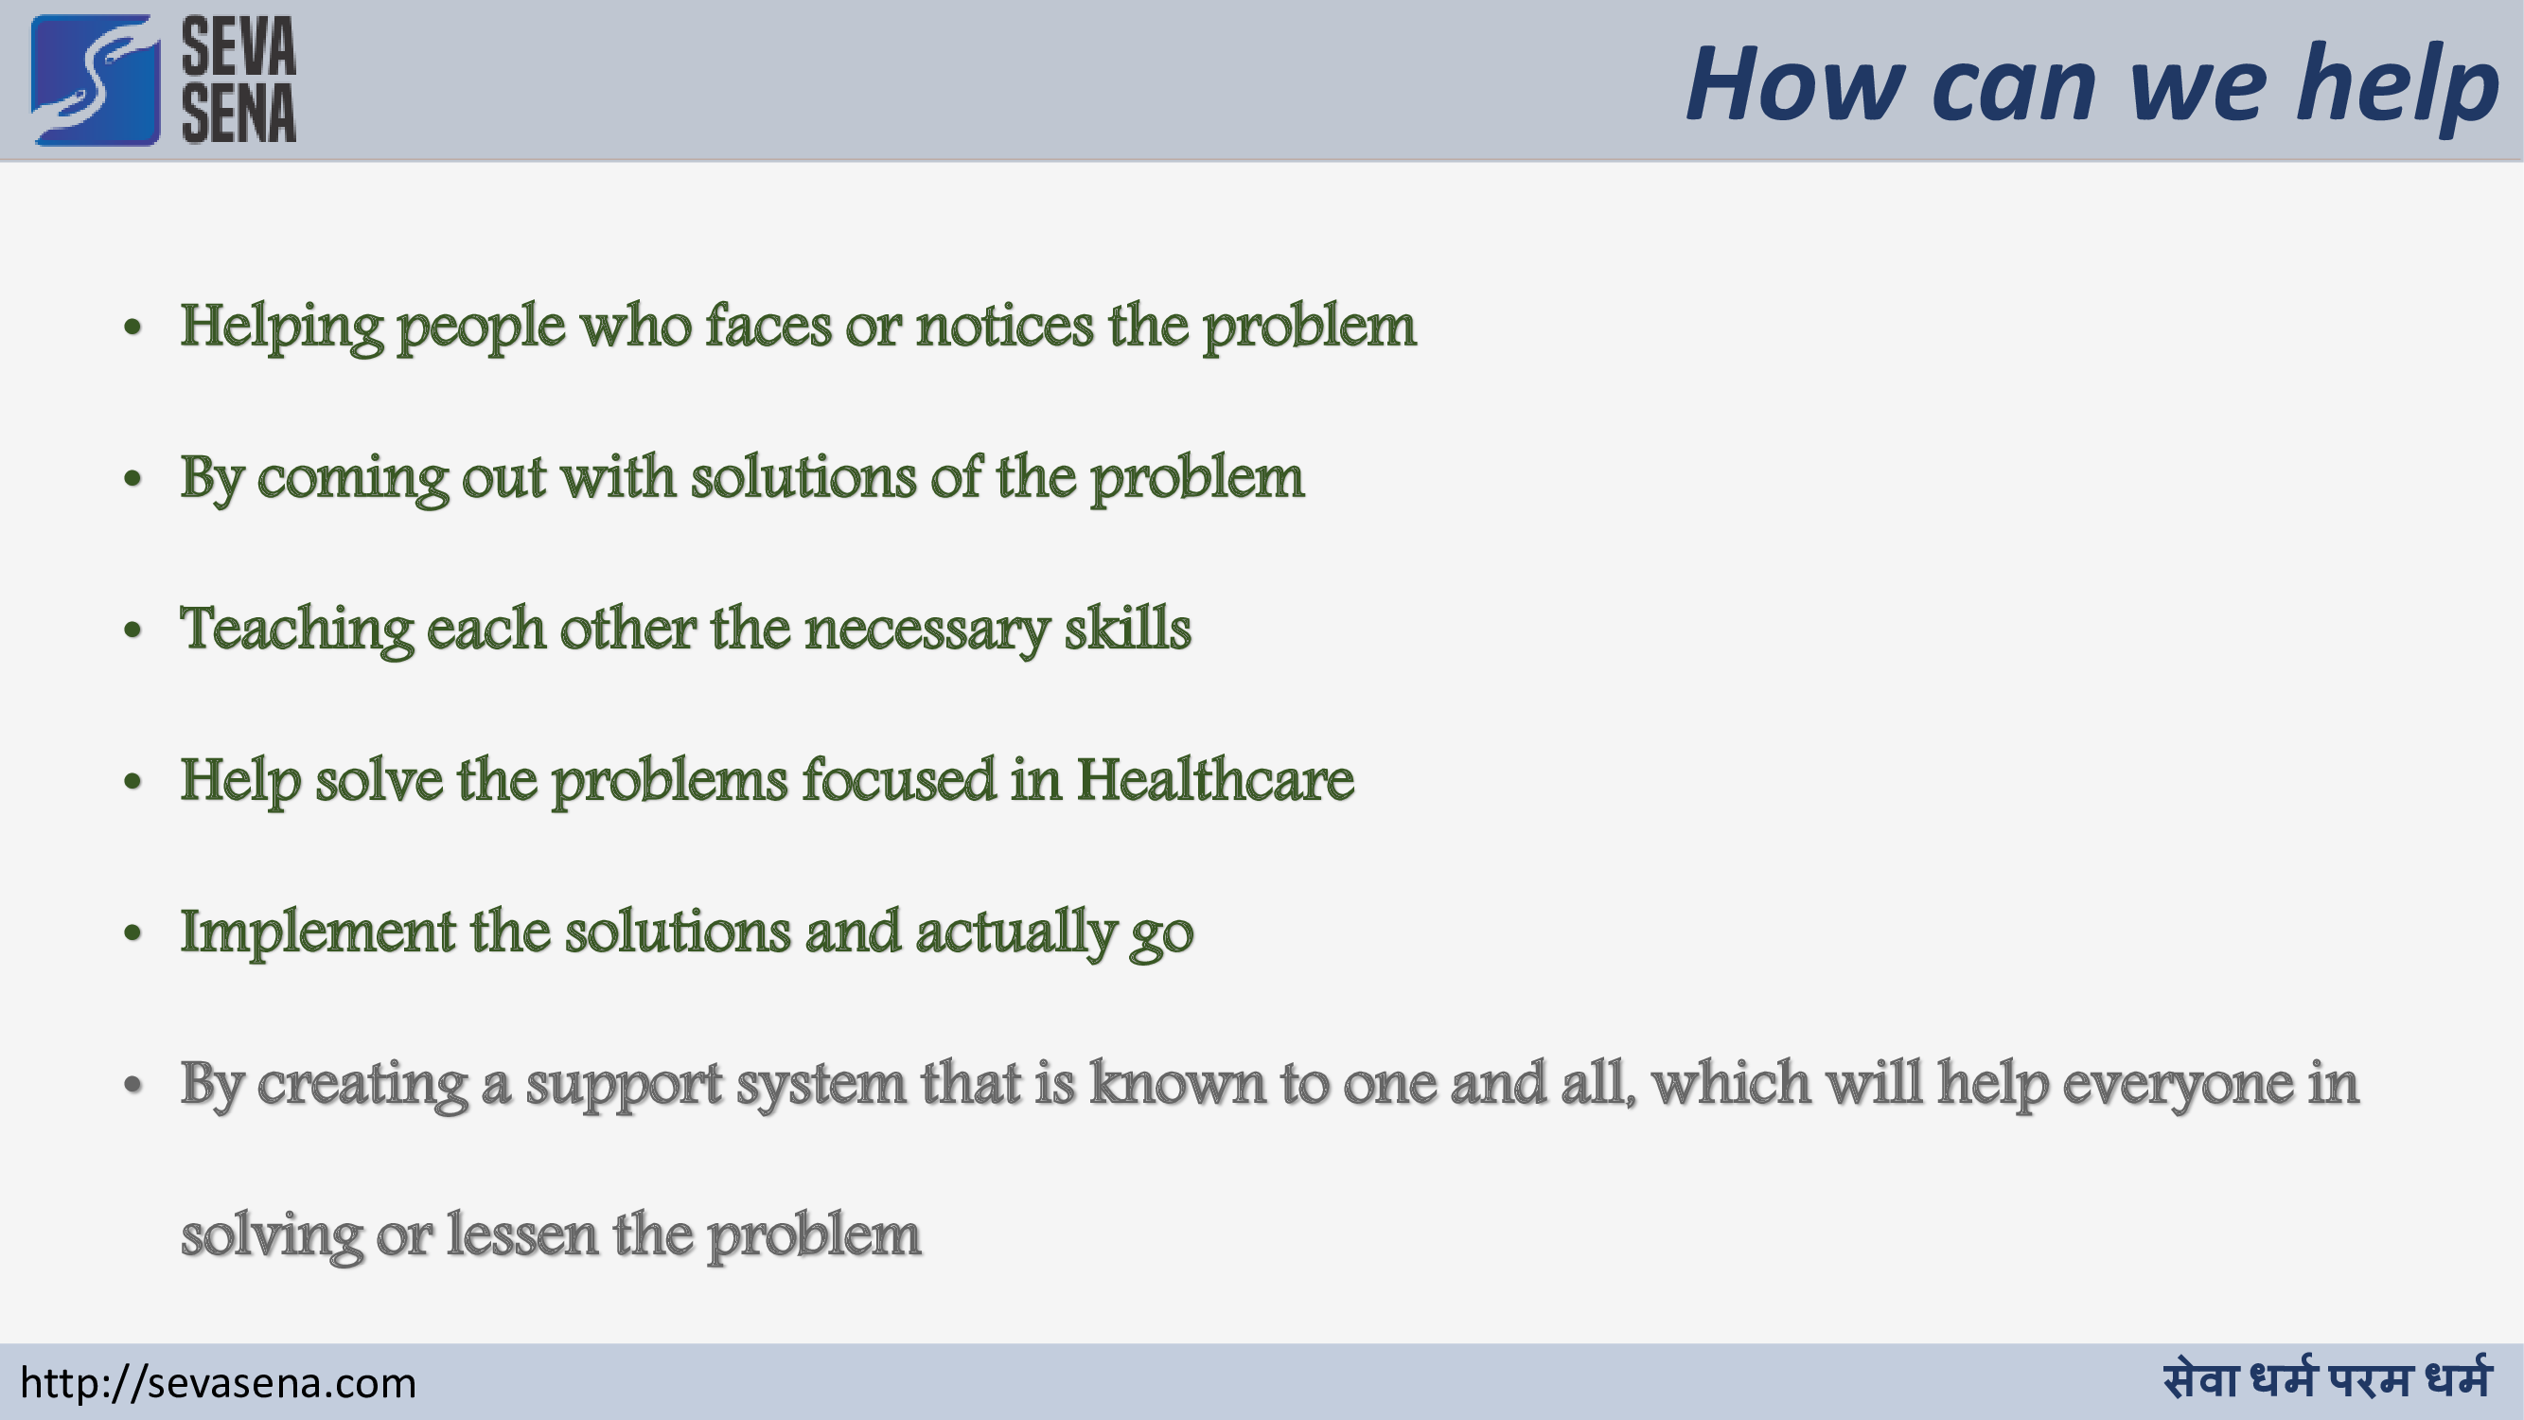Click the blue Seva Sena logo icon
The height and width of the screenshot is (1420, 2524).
[x=95, y=80]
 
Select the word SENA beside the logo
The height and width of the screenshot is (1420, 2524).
[x=238, y=114]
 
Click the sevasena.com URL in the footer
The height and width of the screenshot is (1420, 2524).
[x=219, y=1383]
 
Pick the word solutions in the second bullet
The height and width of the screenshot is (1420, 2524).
[x=803, y=478]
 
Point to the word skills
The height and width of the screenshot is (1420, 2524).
[x=1128, y=629]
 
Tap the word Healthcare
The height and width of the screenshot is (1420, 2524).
[x=1215, y=781]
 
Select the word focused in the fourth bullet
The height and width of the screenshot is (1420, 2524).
[x=898, y=781]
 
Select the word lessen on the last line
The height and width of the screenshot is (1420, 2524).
[x=522, y=1235]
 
